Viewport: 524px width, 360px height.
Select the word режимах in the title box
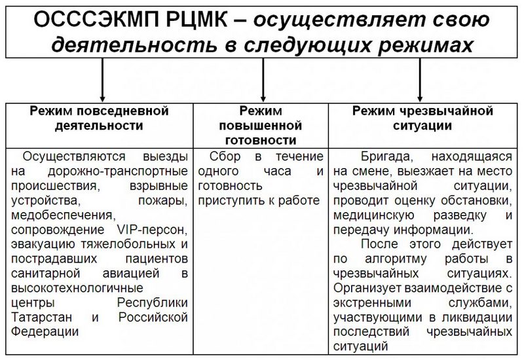click(425, 45)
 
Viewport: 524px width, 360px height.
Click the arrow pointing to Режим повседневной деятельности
click(102, 80)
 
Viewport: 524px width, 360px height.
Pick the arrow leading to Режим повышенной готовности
click(263, 80)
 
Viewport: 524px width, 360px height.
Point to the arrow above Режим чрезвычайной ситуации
click(420, 80)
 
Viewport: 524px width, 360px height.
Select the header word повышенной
click(260, 126)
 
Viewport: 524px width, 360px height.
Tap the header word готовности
click(261, 141)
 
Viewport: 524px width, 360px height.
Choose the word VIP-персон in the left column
click(153, 230)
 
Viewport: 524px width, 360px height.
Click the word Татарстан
click(41, 317)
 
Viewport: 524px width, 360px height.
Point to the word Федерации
click(45, 332)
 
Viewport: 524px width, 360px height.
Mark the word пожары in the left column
click(162, 201)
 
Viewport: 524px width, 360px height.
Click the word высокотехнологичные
click(77, 288)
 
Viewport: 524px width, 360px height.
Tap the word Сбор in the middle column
click(225, 156)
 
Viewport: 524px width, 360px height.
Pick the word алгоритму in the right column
click(396, 259)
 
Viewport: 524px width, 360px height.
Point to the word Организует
click(367, 288)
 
